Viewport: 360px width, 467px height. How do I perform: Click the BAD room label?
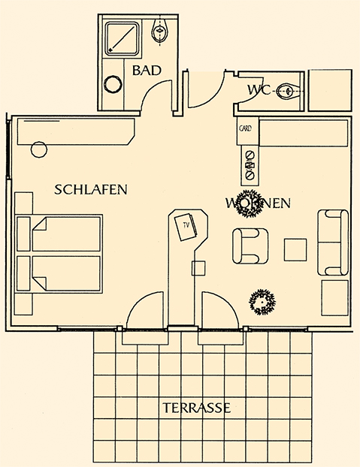[146, 71]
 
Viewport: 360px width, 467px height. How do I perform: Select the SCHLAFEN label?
[91, 190]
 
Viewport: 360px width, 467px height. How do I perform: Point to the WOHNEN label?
[258, 203]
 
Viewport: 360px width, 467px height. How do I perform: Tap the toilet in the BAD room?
[159, 32]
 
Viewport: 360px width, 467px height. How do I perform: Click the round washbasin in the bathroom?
[114, 85]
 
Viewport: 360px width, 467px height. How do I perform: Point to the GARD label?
[245, 128]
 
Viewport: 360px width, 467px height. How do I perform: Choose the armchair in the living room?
[250, 246]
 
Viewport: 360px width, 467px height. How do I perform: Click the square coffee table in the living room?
[295, 249]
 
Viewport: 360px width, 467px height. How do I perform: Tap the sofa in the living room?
[333, 242]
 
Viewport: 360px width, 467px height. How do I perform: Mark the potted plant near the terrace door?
[262, 302]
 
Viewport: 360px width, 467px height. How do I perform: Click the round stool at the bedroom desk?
[38, 149]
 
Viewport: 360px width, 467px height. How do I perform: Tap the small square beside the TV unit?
[200, 268]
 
